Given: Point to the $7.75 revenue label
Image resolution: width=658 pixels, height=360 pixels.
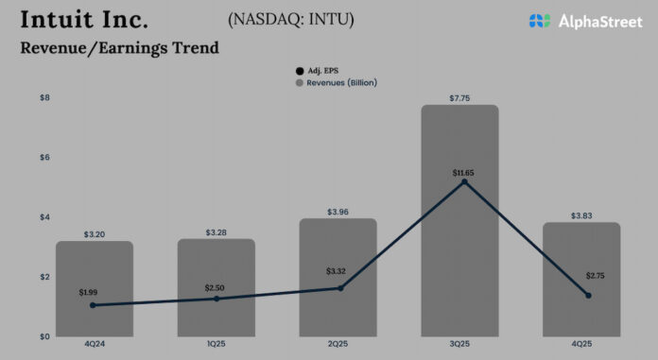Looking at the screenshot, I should (459, 95).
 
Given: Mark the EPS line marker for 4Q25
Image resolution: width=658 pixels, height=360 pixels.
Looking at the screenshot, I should (588, 296).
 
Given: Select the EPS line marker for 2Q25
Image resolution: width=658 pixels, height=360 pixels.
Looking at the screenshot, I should (338, 288).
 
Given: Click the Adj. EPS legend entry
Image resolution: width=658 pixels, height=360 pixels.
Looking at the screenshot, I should (319, 69).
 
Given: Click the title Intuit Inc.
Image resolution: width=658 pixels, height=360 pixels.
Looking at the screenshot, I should (83, 21).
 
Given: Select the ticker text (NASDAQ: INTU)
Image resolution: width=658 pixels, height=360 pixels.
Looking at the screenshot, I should (291, 19).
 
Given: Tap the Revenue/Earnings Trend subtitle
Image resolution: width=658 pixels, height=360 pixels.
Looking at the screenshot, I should (118, 48).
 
